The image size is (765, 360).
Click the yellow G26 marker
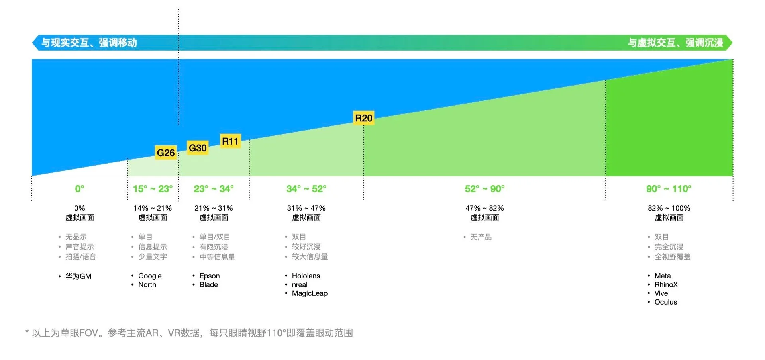coord(166,153)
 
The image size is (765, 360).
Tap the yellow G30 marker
coord(198,148)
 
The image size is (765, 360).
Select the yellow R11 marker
coord(230,141)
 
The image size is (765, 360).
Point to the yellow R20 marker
coord(364,118)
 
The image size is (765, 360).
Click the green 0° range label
coord(80,189)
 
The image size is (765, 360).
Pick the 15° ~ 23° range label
coord(153,189)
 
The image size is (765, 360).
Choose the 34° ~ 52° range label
coord(306,189)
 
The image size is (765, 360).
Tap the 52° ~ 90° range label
coord(484,189)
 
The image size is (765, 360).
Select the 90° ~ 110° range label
coord(669,189)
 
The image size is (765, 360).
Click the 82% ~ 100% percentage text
coord(669,208)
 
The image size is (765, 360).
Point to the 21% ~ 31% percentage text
coord(214,208)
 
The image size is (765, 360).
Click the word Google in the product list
coord(150,276)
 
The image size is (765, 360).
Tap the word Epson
coord(210,276)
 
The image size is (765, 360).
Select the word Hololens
coord(306,276)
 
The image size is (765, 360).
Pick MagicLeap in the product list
coord(310,293)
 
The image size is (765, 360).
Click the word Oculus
coord(665,302)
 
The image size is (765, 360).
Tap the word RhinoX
coord(666,285)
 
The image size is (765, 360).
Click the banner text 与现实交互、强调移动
coord(89,43)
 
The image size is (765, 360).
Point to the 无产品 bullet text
coord(481,237)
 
